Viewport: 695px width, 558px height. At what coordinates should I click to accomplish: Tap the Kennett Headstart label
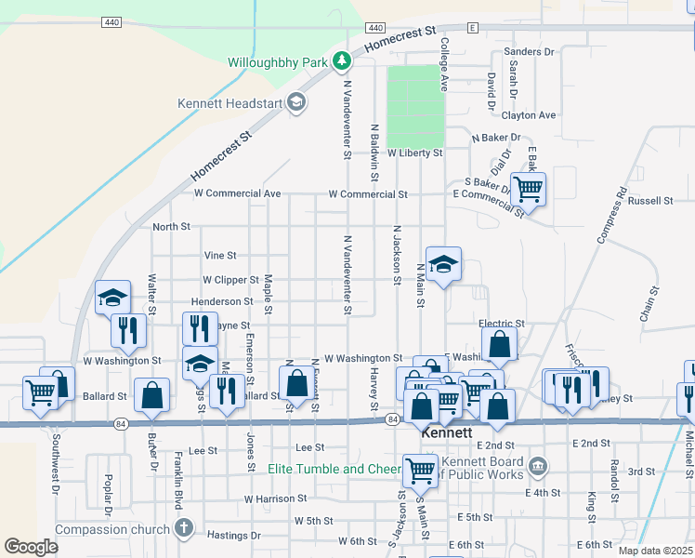pos(229,102)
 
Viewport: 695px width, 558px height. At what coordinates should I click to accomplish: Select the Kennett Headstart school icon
pos(296,102)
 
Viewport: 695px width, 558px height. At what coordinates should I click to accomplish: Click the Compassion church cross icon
pos(184,529)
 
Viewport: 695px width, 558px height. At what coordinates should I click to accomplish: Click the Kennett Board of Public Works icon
pos(537,465)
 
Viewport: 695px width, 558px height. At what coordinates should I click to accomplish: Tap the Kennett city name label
pos(447,433)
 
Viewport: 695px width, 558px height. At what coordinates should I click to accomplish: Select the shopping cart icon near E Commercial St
pos(528,189)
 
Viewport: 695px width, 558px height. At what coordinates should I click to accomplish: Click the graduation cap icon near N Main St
pos(444,264)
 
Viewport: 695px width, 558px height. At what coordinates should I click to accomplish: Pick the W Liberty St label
pos(415,152)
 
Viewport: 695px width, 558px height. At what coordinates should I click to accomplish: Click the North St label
pos(171,226)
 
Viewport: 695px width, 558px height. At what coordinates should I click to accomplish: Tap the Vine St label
pos(220,255)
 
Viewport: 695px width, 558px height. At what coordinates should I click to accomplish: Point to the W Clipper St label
pos(230,279)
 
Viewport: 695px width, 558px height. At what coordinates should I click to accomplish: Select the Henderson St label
pos(221,301)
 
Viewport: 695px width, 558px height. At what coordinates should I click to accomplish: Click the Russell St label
pos(650,200)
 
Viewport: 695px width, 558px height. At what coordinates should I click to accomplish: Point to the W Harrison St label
pos(275,498)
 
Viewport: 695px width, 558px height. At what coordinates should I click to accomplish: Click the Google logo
pos(31,546)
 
